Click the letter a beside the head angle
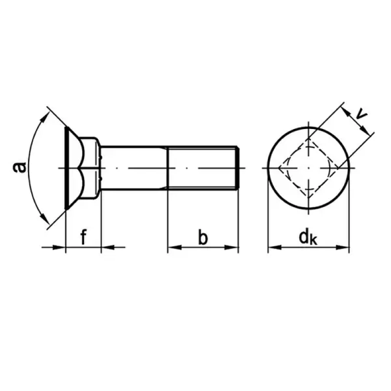(19, 168)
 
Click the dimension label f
(83, 237)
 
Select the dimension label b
(203, 237)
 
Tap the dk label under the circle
(308, 238)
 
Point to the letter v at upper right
(362, 114)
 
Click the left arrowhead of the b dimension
(174, 247)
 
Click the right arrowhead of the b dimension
(232, 247)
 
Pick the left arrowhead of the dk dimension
(275, 247)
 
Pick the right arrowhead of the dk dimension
(343, 247)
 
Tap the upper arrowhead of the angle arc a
(45, 117)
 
